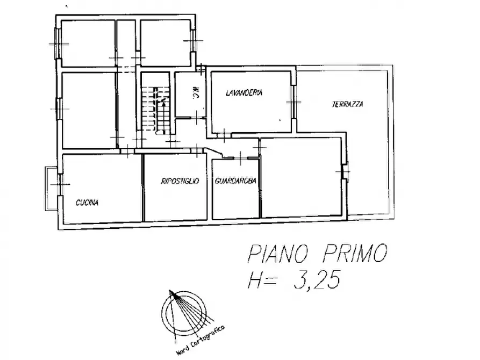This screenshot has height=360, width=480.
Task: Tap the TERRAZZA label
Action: pos(347,105)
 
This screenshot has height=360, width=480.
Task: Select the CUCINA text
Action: pos(87,203)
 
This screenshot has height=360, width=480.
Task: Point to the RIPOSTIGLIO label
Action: pos(180,182)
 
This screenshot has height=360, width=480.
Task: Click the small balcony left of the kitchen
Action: pos(51,189)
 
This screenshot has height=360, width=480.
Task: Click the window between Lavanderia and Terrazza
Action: pos(293,102)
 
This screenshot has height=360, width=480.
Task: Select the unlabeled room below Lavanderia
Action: pos(301,177)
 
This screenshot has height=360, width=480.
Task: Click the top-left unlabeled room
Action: pos(88,43)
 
